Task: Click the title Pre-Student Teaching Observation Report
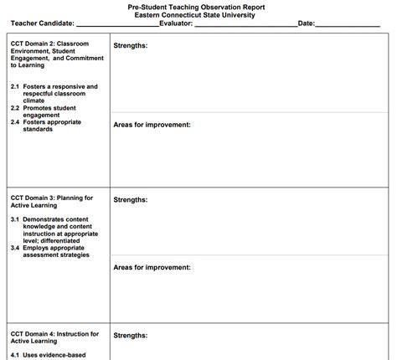[x=198, y=6]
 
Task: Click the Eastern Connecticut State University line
[x=198, y=14]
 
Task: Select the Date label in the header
[x=306, y=23]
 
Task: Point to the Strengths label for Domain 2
[x=131, y=45]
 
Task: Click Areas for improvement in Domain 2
[x=152, y=124]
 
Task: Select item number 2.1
[x=15, y=86]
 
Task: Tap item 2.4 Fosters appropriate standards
[x=52, y=126]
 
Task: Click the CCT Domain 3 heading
[x=52, y=201]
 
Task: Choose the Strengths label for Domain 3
[x=131, y=199]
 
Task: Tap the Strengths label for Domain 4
[x=131, y=336]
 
